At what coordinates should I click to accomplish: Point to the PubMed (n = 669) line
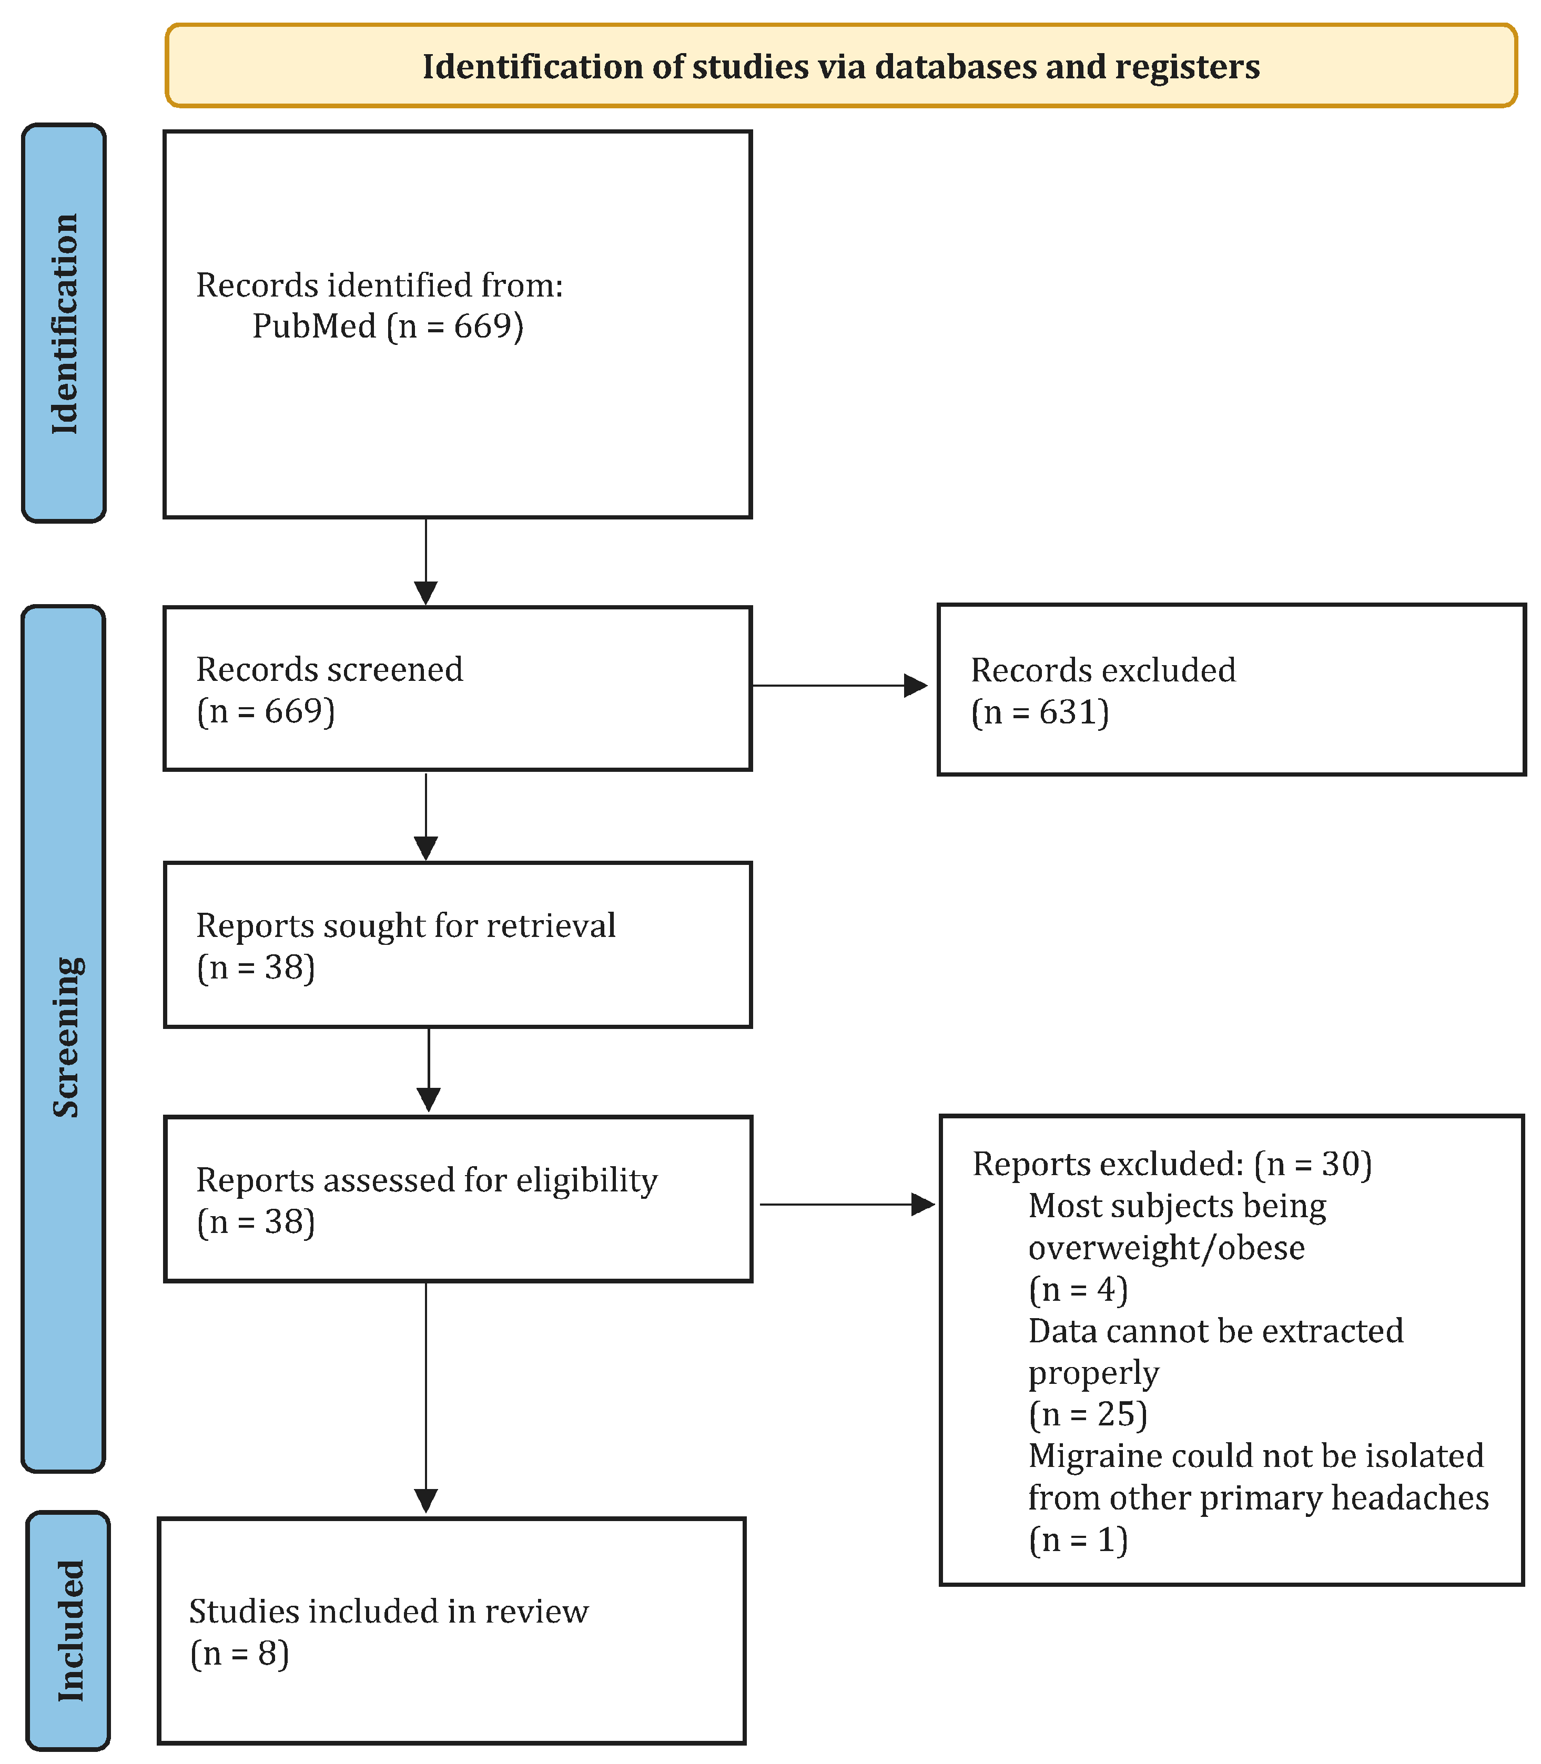(387, 327)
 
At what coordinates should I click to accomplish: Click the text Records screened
(329, 670)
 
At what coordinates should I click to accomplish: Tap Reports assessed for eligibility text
(427, 1180)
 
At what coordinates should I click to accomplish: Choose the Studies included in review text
(389, 1612)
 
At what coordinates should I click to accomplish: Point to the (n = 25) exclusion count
(1088, 1414)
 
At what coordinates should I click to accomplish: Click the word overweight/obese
(1166, 1248)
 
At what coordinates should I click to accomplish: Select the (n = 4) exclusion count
(1078, 1289)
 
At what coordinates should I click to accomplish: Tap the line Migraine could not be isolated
(1255, 1456)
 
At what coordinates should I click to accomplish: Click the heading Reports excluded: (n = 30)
(1171, 1164)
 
